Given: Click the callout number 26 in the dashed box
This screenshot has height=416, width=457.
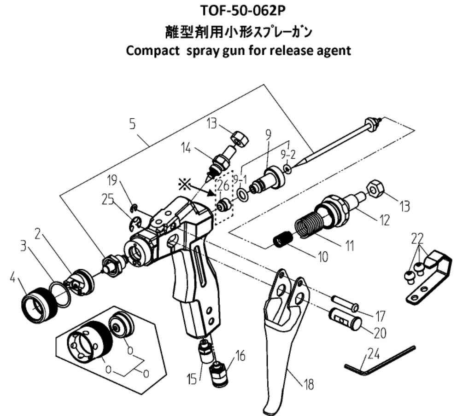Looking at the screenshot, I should (x=223, y=186).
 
